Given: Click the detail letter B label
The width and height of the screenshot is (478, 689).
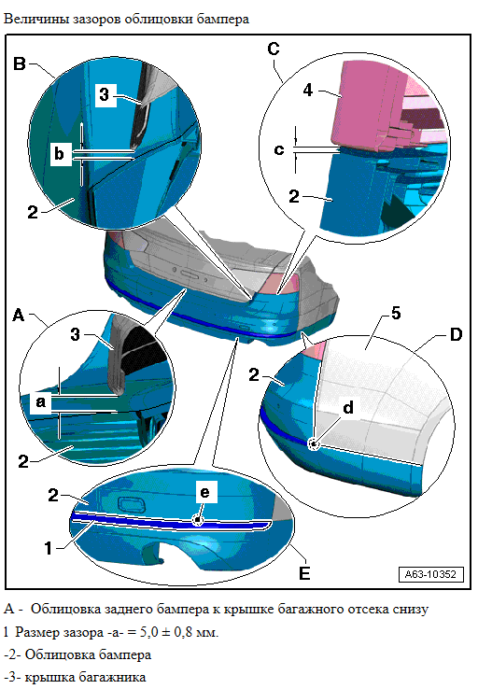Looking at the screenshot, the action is [20, 63].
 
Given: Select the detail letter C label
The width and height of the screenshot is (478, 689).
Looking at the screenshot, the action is [274, 49].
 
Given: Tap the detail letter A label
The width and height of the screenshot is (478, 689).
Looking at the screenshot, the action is [19, 315].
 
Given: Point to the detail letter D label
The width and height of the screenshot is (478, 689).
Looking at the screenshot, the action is [456, 334].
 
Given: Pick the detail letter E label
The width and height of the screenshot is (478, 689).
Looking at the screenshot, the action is [304, 573].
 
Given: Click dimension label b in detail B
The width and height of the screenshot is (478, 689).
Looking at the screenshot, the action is [59, 154].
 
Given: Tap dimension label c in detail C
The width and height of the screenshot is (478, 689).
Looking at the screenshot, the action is [279, 149].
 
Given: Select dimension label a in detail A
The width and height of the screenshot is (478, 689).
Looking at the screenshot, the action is [41, 401].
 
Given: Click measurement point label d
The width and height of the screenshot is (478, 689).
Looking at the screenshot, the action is [348, 407].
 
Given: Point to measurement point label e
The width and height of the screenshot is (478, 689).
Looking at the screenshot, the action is [205, 492].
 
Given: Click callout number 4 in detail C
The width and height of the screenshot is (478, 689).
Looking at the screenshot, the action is [308, 90].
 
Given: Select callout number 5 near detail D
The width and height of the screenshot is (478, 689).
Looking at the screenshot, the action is [396, 314].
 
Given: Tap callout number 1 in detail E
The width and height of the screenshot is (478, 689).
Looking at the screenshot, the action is [49, 548].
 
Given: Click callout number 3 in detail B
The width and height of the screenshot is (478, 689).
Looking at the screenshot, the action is [105, 94].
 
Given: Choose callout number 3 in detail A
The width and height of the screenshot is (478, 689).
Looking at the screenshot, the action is [76, 334].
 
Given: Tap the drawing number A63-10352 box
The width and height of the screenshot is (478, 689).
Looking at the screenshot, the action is [431, 574].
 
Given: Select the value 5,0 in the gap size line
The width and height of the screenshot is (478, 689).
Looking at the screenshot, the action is [149, 632].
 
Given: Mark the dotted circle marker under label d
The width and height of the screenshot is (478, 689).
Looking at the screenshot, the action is [314, 444].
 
